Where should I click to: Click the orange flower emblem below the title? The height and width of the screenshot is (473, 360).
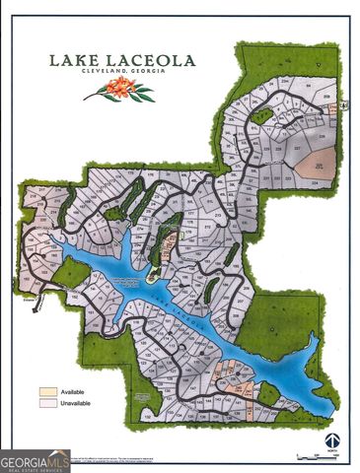point(117,92)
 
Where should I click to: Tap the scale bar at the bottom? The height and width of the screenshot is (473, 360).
point(313,455)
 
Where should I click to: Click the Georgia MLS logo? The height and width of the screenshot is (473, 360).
point(36,461)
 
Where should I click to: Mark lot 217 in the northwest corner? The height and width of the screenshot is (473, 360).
point(37,192)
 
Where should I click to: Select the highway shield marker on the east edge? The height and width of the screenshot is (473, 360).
point(332,110)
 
